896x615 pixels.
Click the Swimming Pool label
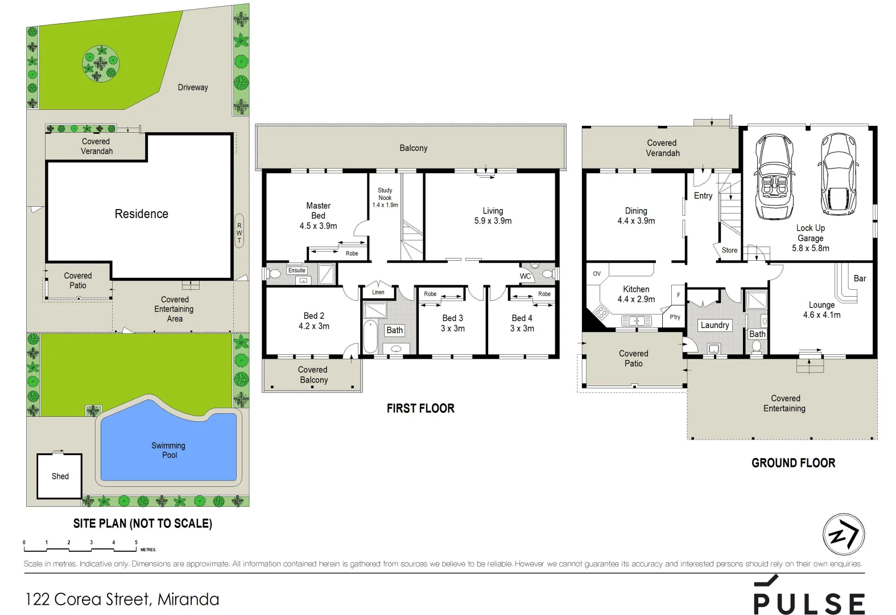tap(168, 450)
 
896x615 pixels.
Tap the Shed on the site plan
tap(60, 476)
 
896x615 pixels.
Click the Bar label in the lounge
tap(860, 278)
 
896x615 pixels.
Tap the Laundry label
tap(715, 325)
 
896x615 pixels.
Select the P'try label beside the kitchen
tap(675, 317)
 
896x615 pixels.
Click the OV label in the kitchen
tap(597, 274)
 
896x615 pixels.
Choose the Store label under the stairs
tap(729, 251)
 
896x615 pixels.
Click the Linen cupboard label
tap(378, 292)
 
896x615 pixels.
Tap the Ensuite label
tap(297, 270)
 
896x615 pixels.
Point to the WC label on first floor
tap(525, 276)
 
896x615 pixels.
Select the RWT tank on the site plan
tap(240, 231)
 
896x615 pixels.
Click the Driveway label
tap(193, 87)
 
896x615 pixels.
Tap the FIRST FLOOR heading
tap(420, 408)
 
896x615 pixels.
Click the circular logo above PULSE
tap(844, 535)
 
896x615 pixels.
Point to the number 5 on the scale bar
tap(136, 543)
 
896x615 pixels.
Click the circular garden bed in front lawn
tap(101, 61)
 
